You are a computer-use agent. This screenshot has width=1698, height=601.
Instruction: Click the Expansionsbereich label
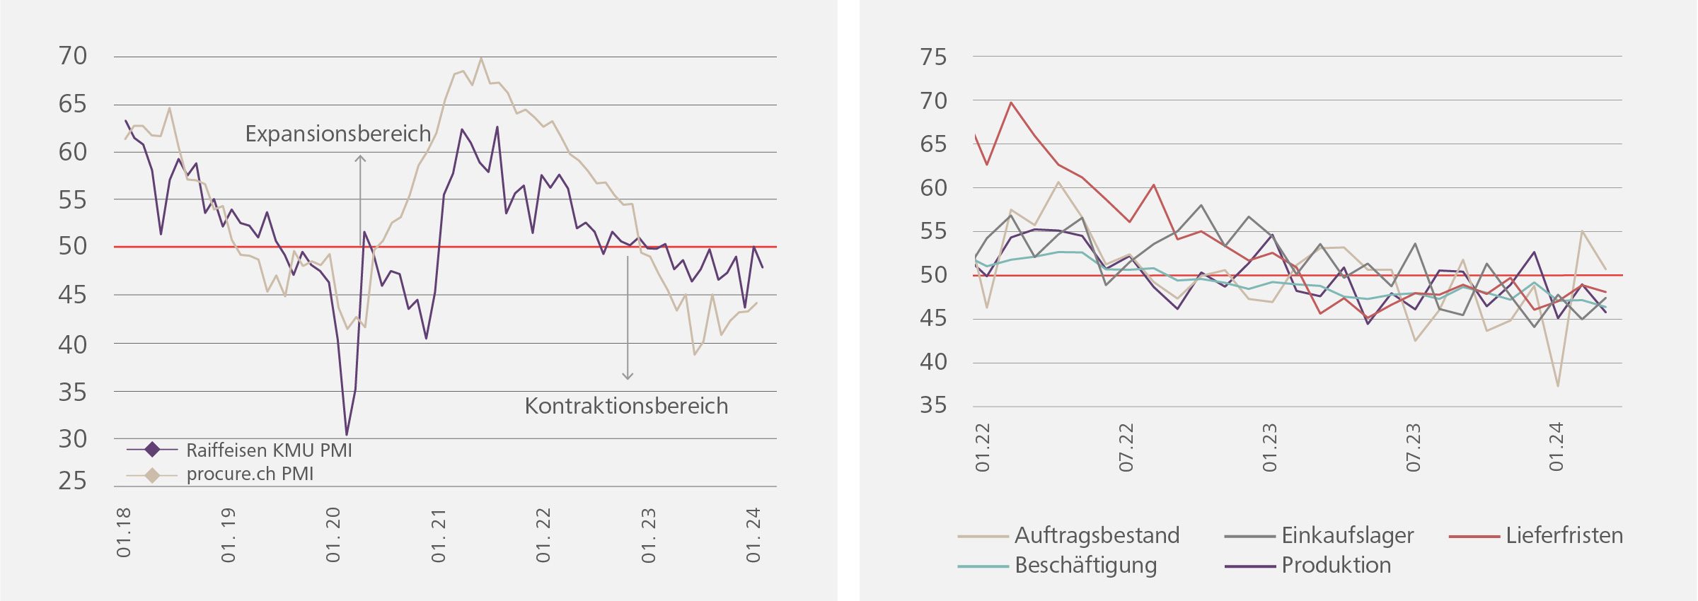[337, 134]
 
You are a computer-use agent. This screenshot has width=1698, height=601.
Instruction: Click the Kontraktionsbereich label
[626, 406]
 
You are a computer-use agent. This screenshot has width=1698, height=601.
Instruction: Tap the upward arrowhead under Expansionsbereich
[360, 158]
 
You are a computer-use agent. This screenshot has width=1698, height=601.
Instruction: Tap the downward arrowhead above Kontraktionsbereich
[628, 376]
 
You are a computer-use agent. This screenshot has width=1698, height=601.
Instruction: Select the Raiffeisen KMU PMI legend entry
[269, 450]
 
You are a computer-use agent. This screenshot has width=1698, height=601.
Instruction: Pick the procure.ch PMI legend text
[250, 474]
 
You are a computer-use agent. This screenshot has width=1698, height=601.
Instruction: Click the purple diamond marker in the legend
[152, 450]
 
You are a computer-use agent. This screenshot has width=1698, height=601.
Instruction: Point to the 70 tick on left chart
[73, 56]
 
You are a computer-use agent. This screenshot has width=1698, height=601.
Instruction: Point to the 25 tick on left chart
[73, 482]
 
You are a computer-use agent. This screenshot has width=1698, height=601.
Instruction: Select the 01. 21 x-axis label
[439, 535]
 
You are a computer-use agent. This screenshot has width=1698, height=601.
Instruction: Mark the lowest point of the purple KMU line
[347, 434]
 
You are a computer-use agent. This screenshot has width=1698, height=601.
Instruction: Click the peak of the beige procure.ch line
[481, 59]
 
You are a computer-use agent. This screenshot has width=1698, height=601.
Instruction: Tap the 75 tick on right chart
[933, 57]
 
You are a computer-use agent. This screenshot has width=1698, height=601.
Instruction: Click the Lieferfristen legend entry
[1564, 536]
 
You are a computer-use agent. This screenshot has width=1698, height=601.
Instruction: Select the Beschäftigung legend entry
[1085, 566]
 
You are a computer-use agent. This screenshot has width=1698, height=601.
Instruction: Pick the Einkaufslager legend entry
[1347, 536]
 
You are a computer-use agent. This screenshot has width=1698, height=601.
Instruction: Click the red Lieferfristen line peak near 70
[1011, 103]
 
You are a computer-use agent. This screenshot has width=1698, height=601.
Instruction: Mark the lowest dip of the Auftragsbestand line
[1558, 385]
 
